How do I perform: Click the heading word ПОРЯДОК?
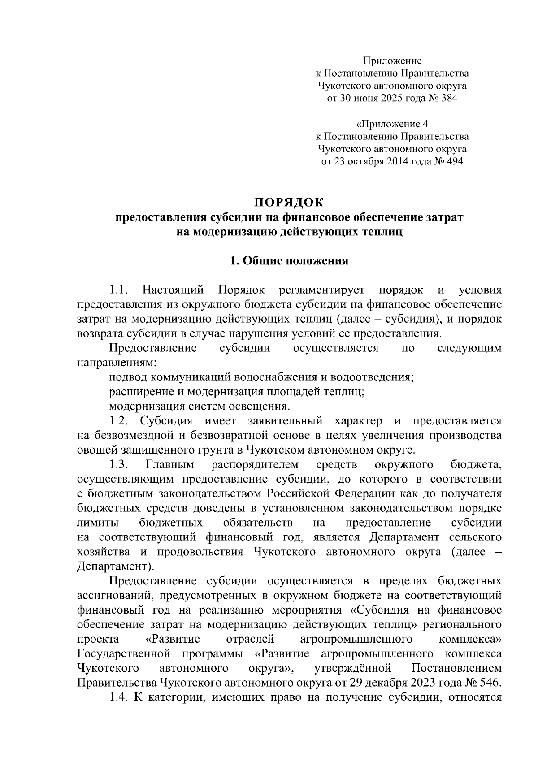[289, 203]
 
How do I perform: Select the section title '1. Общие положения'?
[289, 261]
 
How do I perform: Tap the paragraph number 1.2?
[119, 421]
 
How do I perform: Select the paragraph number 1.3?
[119, 464]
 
